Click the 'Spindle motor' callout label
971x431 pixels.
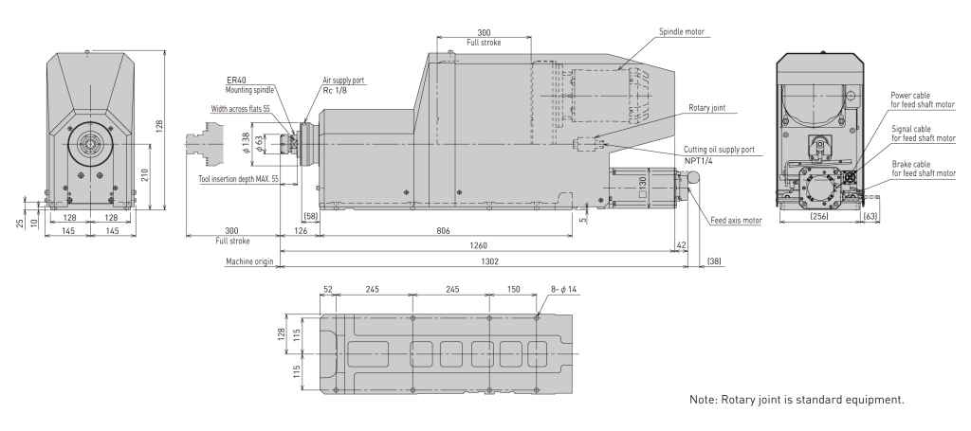pyautogui.click(x=681, y=31)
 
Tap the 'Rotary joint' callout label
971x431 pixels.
pyautogui.click(x=706, y=108)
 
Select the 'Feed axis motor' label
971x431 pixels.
pyautogui.click(x=736, y=220)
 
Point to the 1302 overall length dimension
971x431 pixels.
pyautogui.click(x=489, y=261)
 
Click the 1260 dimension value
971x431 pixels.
pyautogui.click(x=478, y=245)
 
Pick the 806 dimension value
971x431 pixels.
pyautogui.click(x=443, y=230)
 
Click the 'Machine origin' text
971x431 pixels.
pyautogui.click(x=249, y=261)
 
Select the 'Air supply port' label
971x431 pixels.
pyautogui.click(x=343, y=81)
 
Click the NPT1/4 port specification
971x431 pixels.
pyautogui.click(x=699, y=160)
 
